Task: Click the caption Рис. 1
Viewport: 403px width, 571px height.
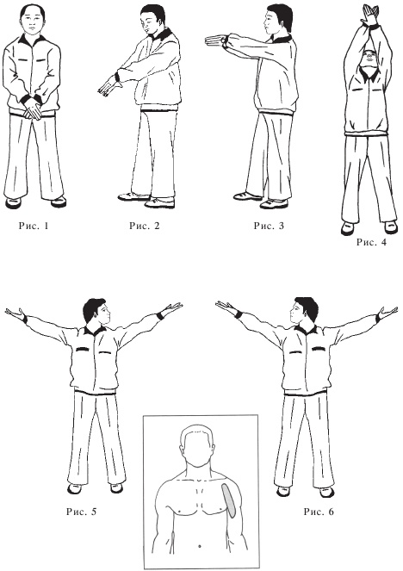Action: coord(34,226)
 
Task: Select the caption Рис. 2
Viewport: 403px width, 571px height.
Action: coord(145,226)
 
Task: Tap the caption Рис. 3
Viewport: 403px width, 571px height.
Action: coord(269,226)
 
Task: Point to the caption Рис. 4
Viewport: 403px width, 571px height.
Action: coord(371,242)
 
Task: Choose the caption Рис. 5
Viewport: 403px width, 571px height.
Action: coord(82,512)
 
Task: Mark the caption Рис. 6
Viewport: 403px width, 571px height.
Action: coord(319,512)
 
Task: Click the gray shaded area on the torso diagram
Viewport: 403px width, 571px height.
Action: coord(230,500)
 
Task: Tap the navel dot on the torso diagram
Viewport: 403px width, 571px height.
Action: coord(200,546)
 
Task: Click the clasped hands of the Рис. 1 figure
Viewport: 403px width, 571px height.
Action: coord(33,109)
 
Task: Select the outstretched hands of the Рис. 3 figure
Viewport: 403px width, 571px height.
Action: coord(215,40)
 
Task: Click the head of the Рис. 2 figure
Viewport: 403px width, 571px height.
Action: coord(153,21)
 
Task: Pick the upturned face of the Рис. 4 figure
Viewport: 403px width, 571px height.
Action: coord(370,58)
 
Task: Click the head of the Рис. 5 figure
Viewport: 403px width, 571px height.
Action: coord(96,313)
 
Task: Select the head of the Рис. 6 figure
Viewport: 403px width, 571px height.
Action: coord(304,312)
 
